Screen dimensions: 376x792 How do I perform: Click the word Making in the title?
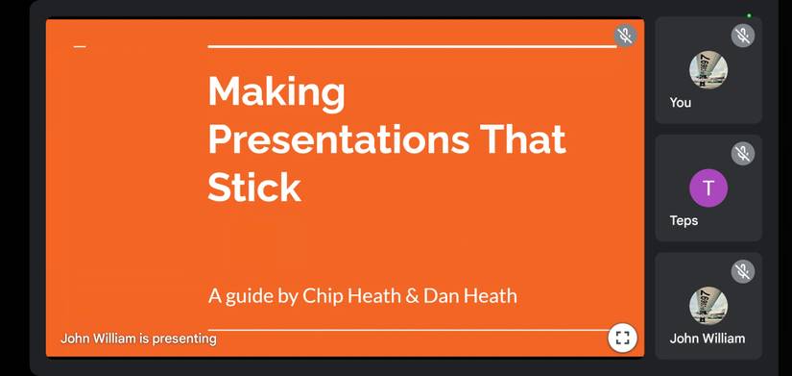pos(276,92)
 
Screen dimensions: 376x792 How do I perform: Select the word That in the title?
pos(523,139)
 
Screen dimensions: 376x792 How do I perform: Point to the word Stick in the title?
pos(254,186)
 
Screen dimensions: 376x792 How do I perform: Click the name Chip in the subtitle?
pos(324,295)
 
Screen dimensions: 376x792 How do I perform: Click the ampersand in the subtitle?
pos(413,295)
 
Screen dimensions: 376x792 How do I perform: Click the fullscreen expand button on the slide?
pos(622,338)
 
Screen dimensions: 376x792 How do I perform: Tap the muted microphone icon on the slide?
pos(625,37)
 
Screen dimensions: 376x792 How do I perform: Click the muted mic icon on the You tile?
pos(742,37)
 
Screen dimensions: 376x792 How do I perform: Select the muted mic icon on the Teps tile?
pos(742,154)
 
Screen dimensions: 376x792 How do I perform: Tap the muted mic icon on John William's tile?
pos(742,272)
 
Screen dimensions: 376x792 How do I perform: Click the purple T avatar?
pos(708,188)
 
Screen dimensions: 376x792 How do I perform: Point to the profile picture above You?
pos(708,70)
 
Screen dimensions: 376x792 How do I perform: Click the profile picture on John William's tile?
pos(708,306)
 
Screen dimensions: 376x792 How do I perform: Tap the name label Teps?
pos(684,220)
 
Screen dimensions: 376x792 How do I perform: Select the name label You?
pos(681,102)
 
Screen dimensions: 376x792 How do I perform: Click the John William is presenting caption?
pos(138,338)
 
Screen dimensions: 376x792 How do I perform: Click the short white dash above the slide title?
pos(80,46)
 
